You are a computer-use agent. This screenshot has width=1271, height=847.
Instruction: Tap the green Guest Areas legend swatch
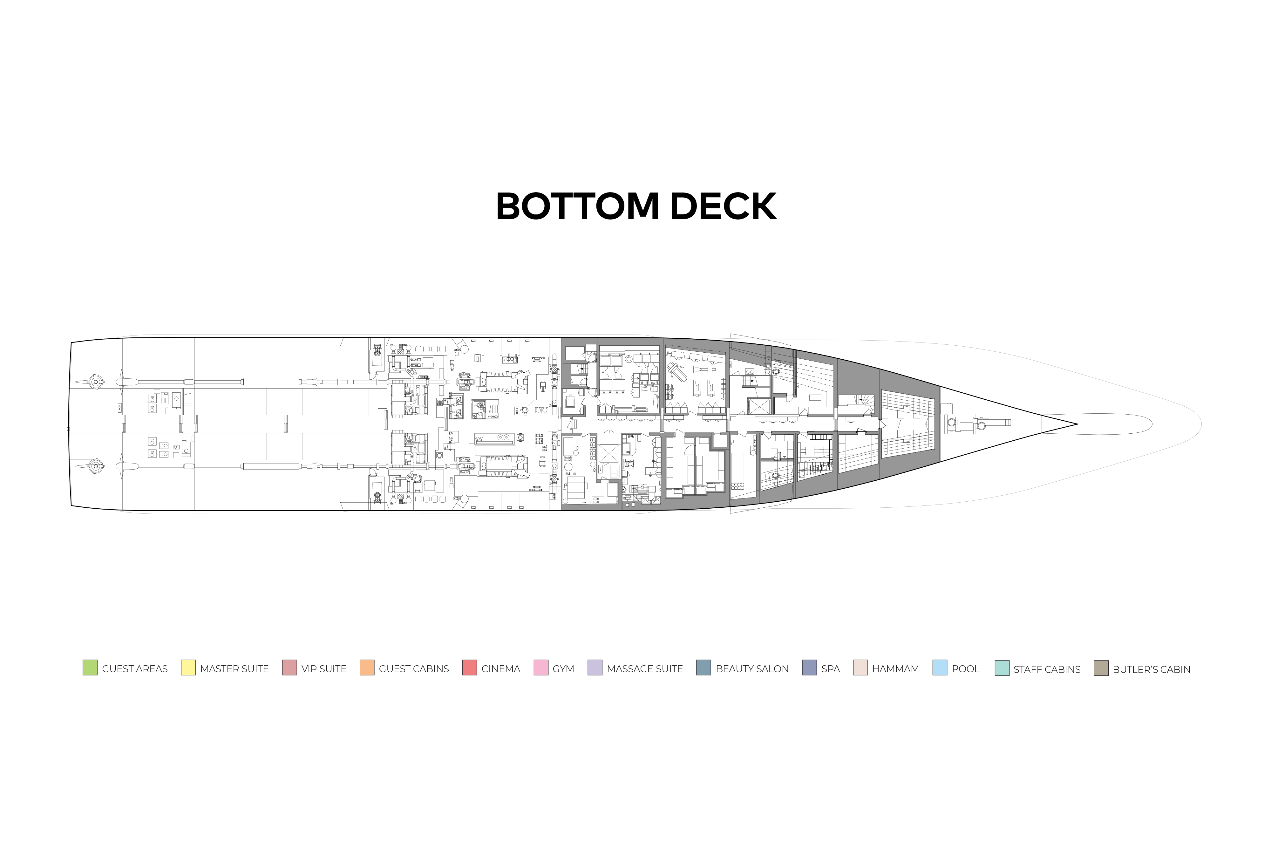(x=90, y=668)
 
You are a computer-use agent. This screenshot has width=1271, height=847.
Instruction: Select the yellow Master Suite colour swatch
(x=188, y=668)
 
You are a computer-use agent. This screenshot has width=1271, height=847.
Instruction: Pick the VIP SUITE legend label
(x=323, y=669)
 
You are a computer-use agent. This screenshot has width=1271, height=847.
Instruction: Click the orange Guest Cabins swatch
(x=367, y=668)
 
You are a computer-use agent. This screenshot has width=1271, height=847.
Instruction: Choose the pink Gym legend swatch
(x=541, y=668)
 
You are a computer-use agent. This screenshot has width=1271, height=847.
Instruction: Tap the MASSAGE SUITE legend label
(x=644, y=669)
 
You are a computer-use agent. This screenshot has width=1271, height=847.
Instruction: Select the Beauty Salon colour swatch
(x=703, y=668)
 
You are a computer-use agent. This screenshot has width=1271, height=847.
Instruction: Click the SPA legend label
(x=830, y=669)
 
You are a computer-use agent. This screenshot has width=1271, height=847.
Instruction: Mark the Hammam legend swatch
(x=860, y=668)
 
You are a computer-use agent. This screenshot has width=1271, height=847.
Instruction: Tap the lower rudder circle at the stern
(x=96, y=466)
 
